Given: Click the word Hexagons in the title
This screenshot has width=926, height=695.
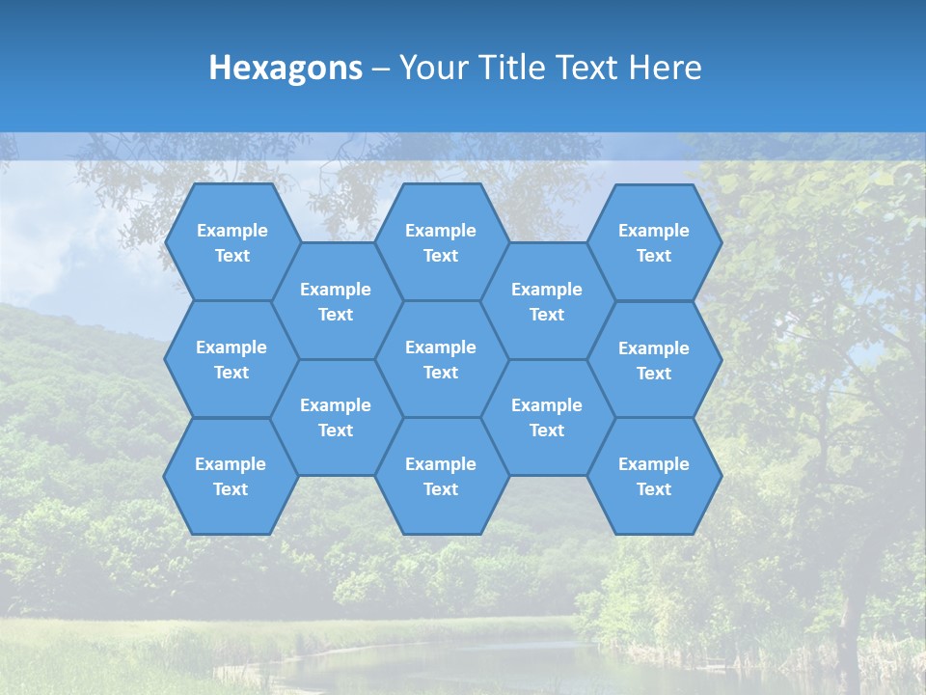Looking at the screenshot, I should tap(286, 68).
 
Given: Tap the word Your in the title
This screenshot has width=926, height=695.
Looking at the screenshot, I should tap(430, 68).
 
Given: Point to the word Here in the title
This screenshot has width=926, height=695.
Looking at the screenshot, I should tap(666, 68).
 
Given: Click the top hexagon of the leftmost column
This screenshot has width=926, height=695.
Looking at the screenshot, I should tap(231, 242).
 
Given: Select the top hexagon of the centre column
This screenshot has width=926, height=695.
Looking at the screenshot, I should tap(441, 242).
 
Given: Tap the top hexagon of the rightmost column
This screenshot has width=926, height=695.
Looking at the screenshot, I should tap(654, 242).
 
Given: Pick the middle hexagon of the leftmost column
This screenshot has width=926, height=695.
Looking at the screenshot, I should tap(231, 359).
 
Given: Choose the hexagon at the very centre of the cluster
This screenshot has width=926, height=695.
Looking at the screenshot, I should tap(441, 359).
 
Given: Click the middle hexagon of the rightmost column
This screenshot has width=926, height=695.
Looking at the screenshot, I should tap(654, 360).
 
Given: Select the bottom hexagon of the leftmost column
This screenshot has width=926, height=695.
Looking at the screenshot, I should tap(231, 476).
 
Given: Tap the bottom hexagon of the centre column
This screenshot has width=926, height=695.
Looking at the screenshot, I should tap(441, 476).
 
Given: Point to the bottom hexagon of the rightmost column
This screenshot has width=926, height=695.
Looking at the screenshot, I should tap(654, 476).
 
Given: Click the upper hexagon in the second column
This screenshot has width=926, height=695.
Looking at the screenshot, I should tap(336, 301).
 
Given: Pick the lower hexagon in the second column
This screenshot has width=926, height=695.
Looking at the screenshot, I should tap(336, 417).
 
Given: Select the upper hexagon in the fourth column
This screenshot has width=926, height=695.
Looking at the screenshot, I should tap(547, 301).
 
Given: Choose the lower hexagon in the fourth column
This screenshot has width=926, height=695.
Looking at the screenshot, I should tap(547, 417).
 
